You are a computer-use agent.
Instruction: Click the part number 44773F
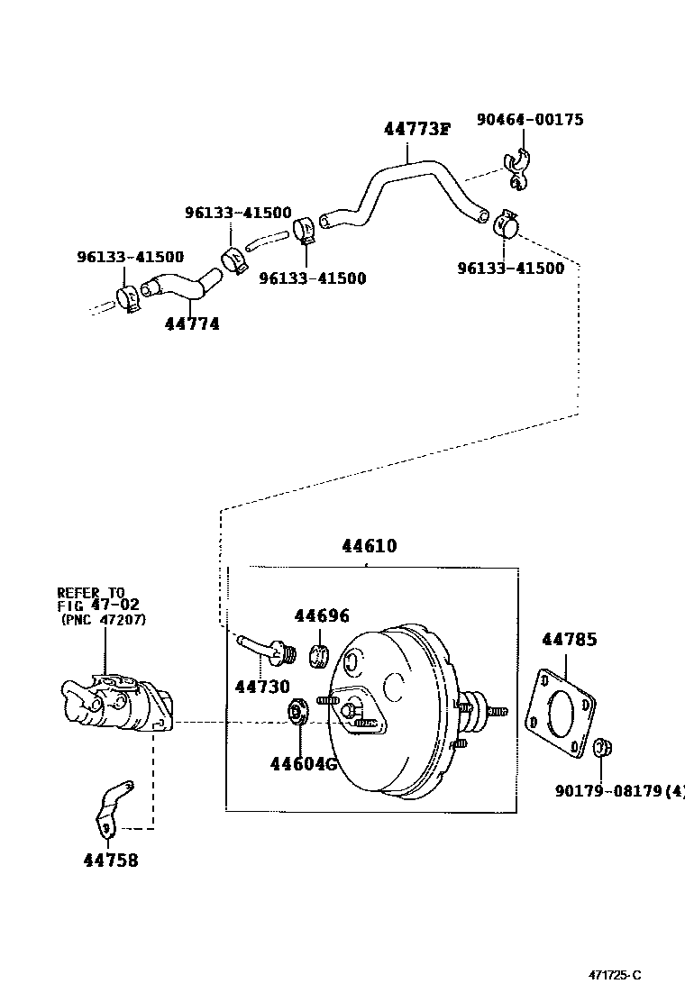(x=416, y=129)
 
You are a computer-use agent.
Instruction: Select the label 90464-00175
(x=530, y=119)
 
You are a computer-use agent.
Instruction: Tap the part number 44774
(x=192, y=323)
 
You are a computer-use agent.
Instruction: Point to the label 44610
(x=369, y=546)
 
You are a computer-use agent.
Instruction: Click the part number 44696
(x=321, y=615)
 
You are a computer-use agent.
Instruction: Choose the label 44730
(x=262, y=687)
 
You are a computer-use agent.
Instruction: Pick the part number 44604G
(x=303, y=764)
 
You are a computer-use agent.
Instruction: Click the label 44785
(x=569, y=640)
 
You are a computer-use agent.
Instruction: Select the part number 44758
(x=111, y=860)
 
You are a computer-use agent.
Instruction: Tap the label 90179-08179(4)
(x=619, y=791)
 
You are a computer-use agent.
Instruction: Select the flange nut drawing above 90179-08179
(x=602, y=747)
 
